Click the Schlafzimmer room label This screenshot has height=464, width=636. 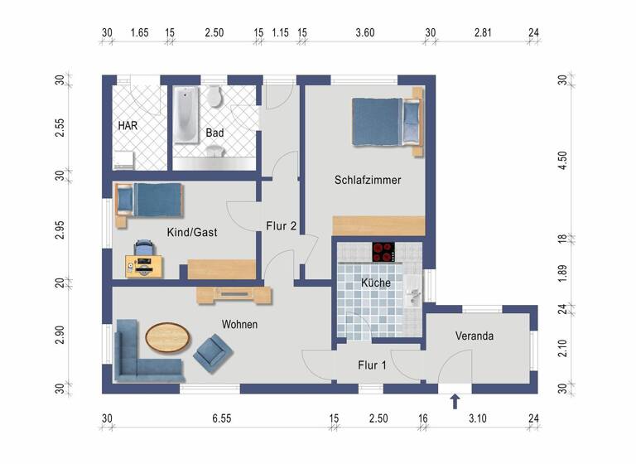[x=369, y=180]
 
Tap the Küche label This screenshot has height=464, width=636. [x=376, y=283]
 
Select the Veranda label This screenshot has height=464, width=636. [x=475, y=336]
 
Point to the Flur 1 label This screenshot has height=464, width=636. [x=372, y=365]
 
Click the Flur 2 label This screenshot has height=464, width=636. [x=282, y=225]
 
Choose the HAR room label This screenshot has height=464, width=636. [x=128, y=126]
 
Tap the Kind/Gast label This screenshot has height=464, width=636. [x=192, y=233]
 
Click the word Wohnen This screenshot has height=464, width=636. [x=239, y=325]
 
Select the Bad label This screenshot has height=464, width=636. [x=215, y=133]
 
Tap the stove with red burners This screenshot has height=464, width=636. [x=383, y=251]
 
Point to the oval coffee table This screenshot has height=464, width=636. [x=167, y=336]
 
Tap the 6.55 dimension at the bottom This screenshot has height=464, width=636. [x=221, y=419]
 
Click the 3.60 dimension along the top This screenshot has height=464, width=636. [x=365, y=32]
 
